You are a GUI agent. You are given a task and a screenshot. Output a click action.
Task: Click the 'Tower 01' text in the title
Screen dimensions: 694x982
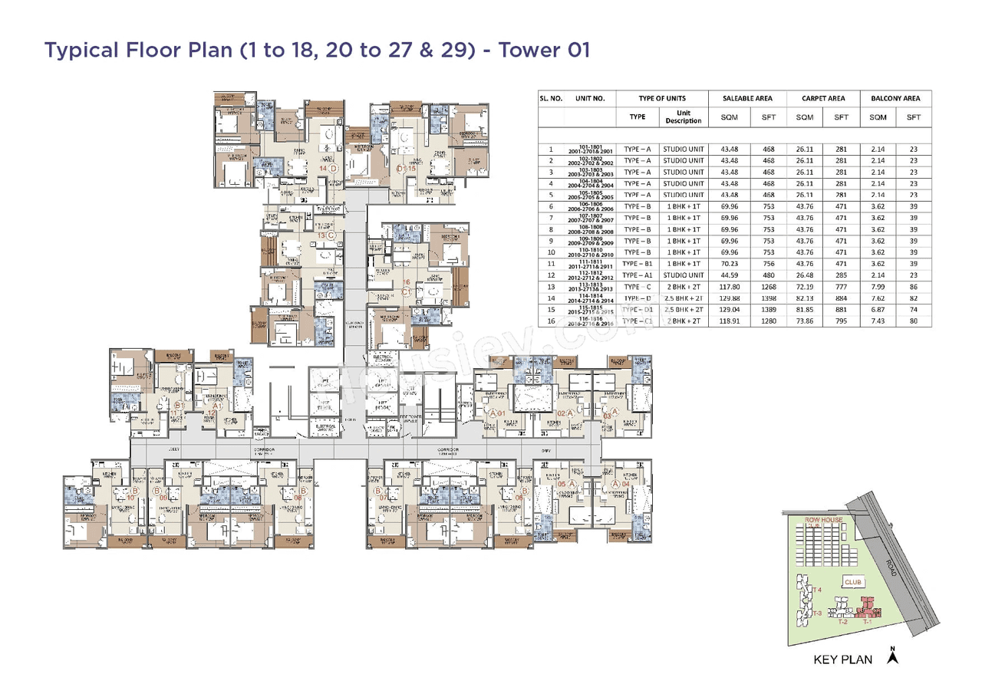coord(544,51)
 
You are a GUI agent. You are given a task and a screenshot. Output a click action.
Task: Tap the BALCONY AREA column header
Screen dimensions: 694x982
coord(895,98)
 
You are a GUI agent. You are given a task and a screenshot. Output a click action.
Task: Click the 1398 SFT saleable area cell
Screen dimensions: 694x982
coord(769,298)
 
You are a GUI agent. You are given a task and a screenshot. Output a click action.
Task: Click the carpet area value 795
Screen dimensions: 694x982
coord(841,321)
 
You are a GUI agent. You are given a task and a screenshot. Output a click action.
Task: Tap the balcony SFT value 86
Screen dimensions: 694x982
coord(913,287)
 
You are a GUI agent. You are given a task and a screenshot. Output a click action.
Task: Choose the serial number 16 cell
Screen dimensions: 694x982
coord(551,321)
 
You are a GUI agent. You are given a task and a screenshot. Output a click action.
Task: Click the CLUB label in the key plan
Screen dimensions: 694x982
coord(853,582)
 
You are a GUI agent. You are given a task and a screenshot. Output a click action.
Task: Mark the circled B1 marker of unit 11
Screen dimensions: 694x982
coord(177,406)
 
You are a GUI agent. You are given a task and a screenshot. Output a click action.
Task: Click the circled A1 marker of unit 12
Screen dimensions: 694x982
coord(217,406)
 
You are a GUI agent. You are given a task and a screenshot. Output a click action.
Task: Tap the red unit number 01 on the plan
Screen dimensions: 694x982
coord(501,414)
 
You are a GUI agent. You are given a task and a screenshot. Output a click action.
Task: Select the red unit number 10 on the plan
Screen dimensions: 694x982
coord(130,498)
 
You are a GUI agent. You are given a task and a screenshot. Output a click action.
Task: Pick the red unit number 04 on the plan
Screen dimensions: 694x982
coord(626,484)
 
